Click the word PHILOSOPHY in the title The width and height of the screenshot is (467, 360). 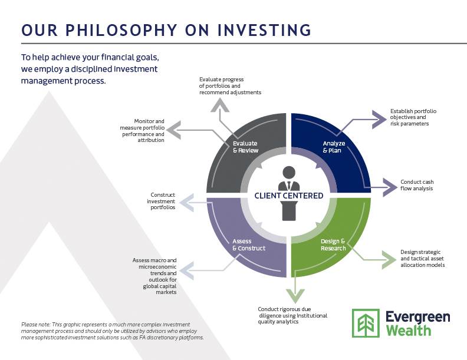(121, 31)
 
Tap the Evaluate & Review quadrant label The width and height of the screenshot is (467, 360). (245, 147)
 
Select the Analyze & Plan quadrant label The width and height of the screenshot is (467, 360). (334, 147)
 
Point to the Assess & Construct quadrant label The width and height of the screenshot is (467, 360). (249, 245)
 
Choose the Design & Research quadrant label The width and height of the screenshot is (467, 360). (333, 245)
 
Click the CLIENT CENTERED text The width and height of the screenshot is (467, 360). (288, 196)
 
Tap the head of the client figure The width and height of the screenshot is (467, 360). (288, 173)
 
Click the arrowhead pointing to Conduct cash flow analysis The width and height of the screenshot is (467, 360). (390, 187)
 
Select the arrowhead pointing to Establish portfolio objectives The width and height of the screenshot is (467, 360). (380, 120)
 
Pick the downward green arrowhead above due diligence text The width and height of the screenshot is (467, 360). (295, 296)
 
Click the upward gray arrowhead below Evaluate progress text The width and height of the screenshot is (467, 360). (220, 105)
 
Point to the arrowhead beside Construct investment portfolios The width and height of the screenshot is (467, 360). (187, 203)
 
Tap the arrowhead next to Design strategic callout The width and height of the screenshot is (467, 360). (389, 259)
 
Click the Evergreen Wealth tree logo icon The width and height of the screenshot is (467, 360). (366, 323)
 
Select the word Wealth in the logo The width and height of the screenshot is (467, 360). (409, 331)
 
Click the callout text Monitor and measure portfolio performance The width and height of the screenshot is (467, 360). (142, 131)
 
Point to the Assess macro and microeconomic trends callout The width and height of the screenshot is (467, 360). (154, 276)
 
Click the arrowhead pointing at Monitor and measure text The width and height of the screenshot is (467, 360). (173, 130)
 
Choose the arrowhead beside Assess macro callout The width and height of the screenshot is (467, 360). (187, 271)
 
